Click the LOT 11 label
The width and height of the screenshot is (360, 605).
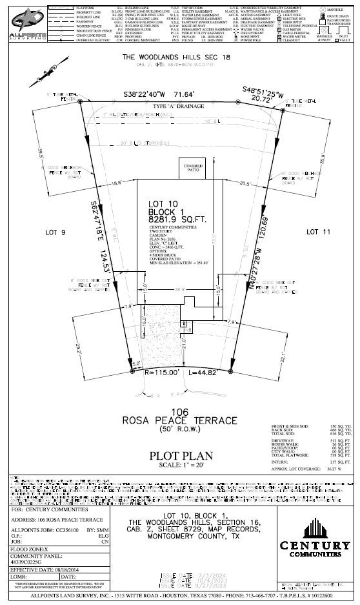coord(317,231)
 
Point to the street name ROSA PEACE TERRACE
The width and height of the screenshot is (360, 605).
coord(180,420)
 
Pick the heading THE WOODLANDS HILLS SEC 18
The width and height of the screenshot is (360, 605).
coord(175,57)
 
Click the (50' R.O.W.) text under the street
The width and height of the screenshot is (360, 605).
coord(180,429)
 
